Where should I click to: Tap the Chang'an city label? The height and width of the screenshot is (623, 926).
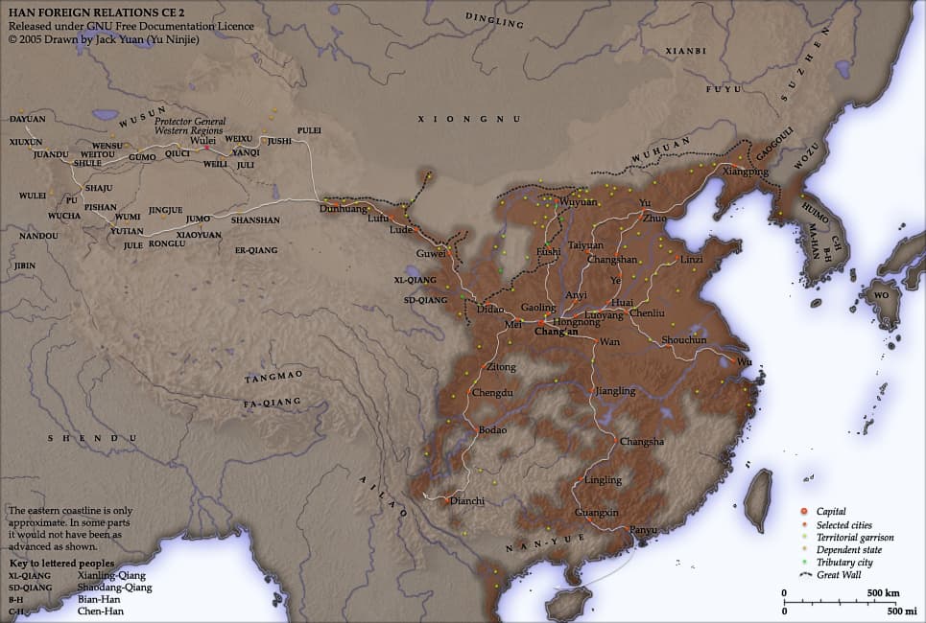click(x=556, y=333)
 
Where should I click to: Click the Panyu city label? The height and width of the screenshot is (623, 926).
click(x=643, y=530)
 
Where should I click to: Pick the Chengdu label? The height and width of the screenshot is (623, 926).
click(x=493, y=393)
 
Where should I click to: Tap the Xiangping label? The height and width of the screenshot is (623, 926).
click(x=746, y=172)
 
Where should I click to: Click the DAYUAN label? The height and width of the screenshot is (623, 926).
click(x=27, y=119)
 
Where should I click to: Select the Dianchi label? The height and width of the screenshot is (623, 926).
click(x=467, y=500)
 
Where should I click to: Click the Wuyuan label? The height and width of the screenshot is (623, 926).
click(x=578, y=202)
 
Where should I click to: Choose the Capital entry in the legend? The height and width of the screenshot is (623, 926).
click(x=831, y=512)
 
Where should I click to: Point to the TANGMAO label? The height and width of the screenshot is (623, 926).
click(x=273, y=374)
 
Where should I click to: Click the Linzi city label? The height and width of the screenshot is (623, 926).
click(x=692, y=260)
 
